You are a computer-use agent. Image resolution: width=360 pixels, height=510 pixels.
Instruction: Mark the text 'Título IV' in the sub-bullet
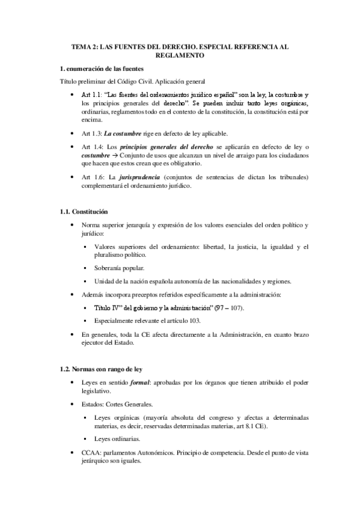point(109,307)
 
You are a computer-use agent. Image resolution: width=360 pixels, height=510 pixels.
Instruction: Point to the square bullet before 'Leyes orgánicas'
point(87,417)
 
